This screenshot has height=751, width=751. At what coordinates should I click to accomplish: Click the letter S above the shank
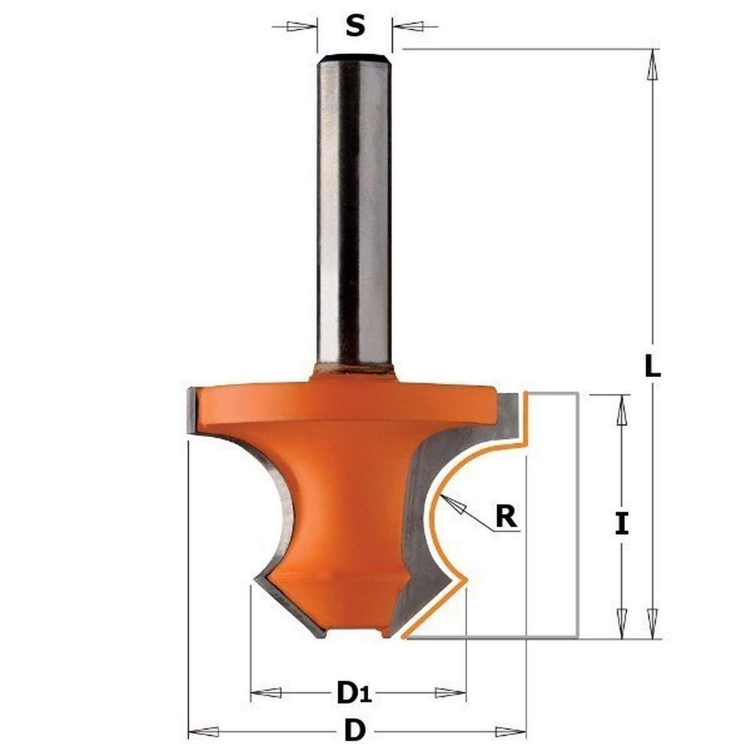[355, 26]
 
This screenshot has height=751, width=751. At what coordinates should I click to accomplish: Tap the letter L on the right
[653, 366]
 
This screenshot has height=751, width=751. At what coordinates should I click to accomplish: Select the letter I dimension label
[622, 523]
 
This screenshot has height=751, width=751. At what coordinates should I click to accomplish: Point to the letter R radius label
[505, 517]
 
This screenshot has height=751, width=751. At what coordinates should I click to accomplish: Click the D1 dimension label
[354, 692]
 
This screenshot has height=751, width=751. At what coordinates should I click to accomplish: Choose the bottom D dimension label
[354, 731]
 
